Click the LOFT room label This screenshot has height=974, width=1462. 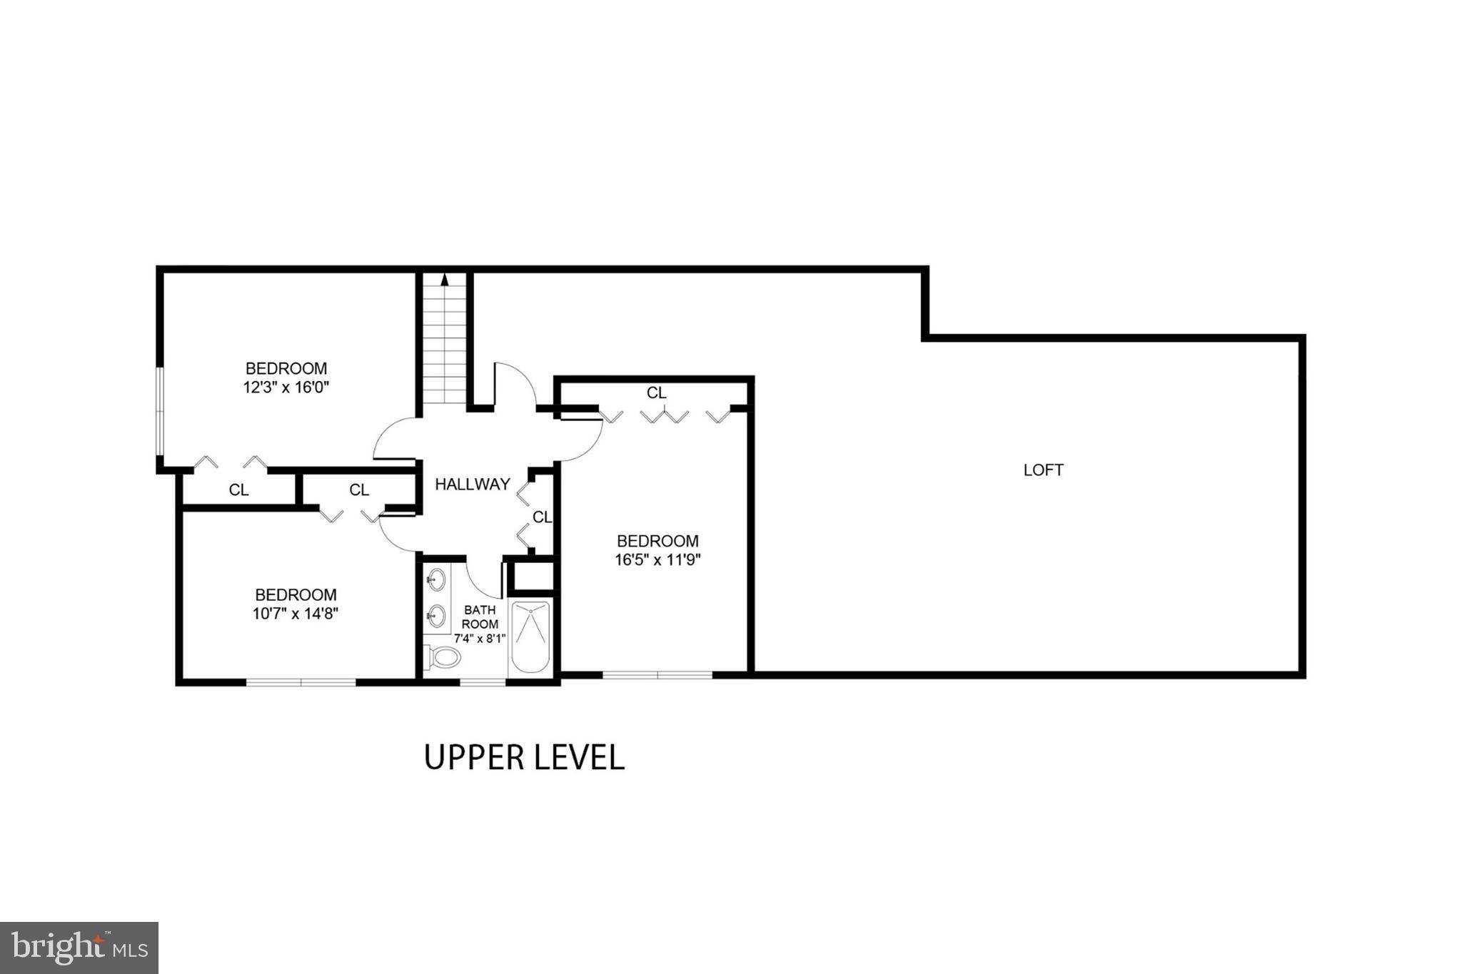click(1043, 470)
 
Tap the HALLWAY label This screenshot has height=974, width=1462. click(473, 485)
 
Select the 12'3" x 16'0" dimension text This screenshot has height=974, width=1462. click(286, 388)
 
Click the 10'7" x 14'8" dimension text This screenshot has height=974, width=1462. click(295, 614)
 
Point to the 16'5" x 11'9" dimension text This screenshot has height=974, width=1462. click(657, 560)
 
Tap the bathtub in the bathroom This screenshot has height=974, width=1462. click(530, 636)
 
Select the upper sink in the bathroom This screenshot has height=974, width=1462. click(436, 580)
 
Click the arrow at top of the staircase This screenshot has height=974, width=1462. click(445, 279)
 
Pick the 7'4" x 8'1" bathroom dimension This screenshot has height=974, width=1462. click(480, 639)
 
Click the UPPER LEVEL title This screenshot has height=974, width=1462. click(525, 757)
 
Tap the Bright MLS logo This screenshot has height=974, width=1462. click(79, 948)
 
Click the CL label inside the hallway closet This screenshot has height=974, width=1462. click(542, 517)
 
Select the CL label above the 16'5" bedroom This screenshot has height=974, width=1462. click(656, 393)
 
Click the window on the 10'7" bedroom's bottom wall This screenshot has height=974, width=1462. click(301, 682)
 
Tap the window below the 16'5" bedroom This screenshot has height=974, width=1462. click(657, 674)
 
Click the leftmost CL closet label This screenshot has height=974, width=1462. click(238, 490)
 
